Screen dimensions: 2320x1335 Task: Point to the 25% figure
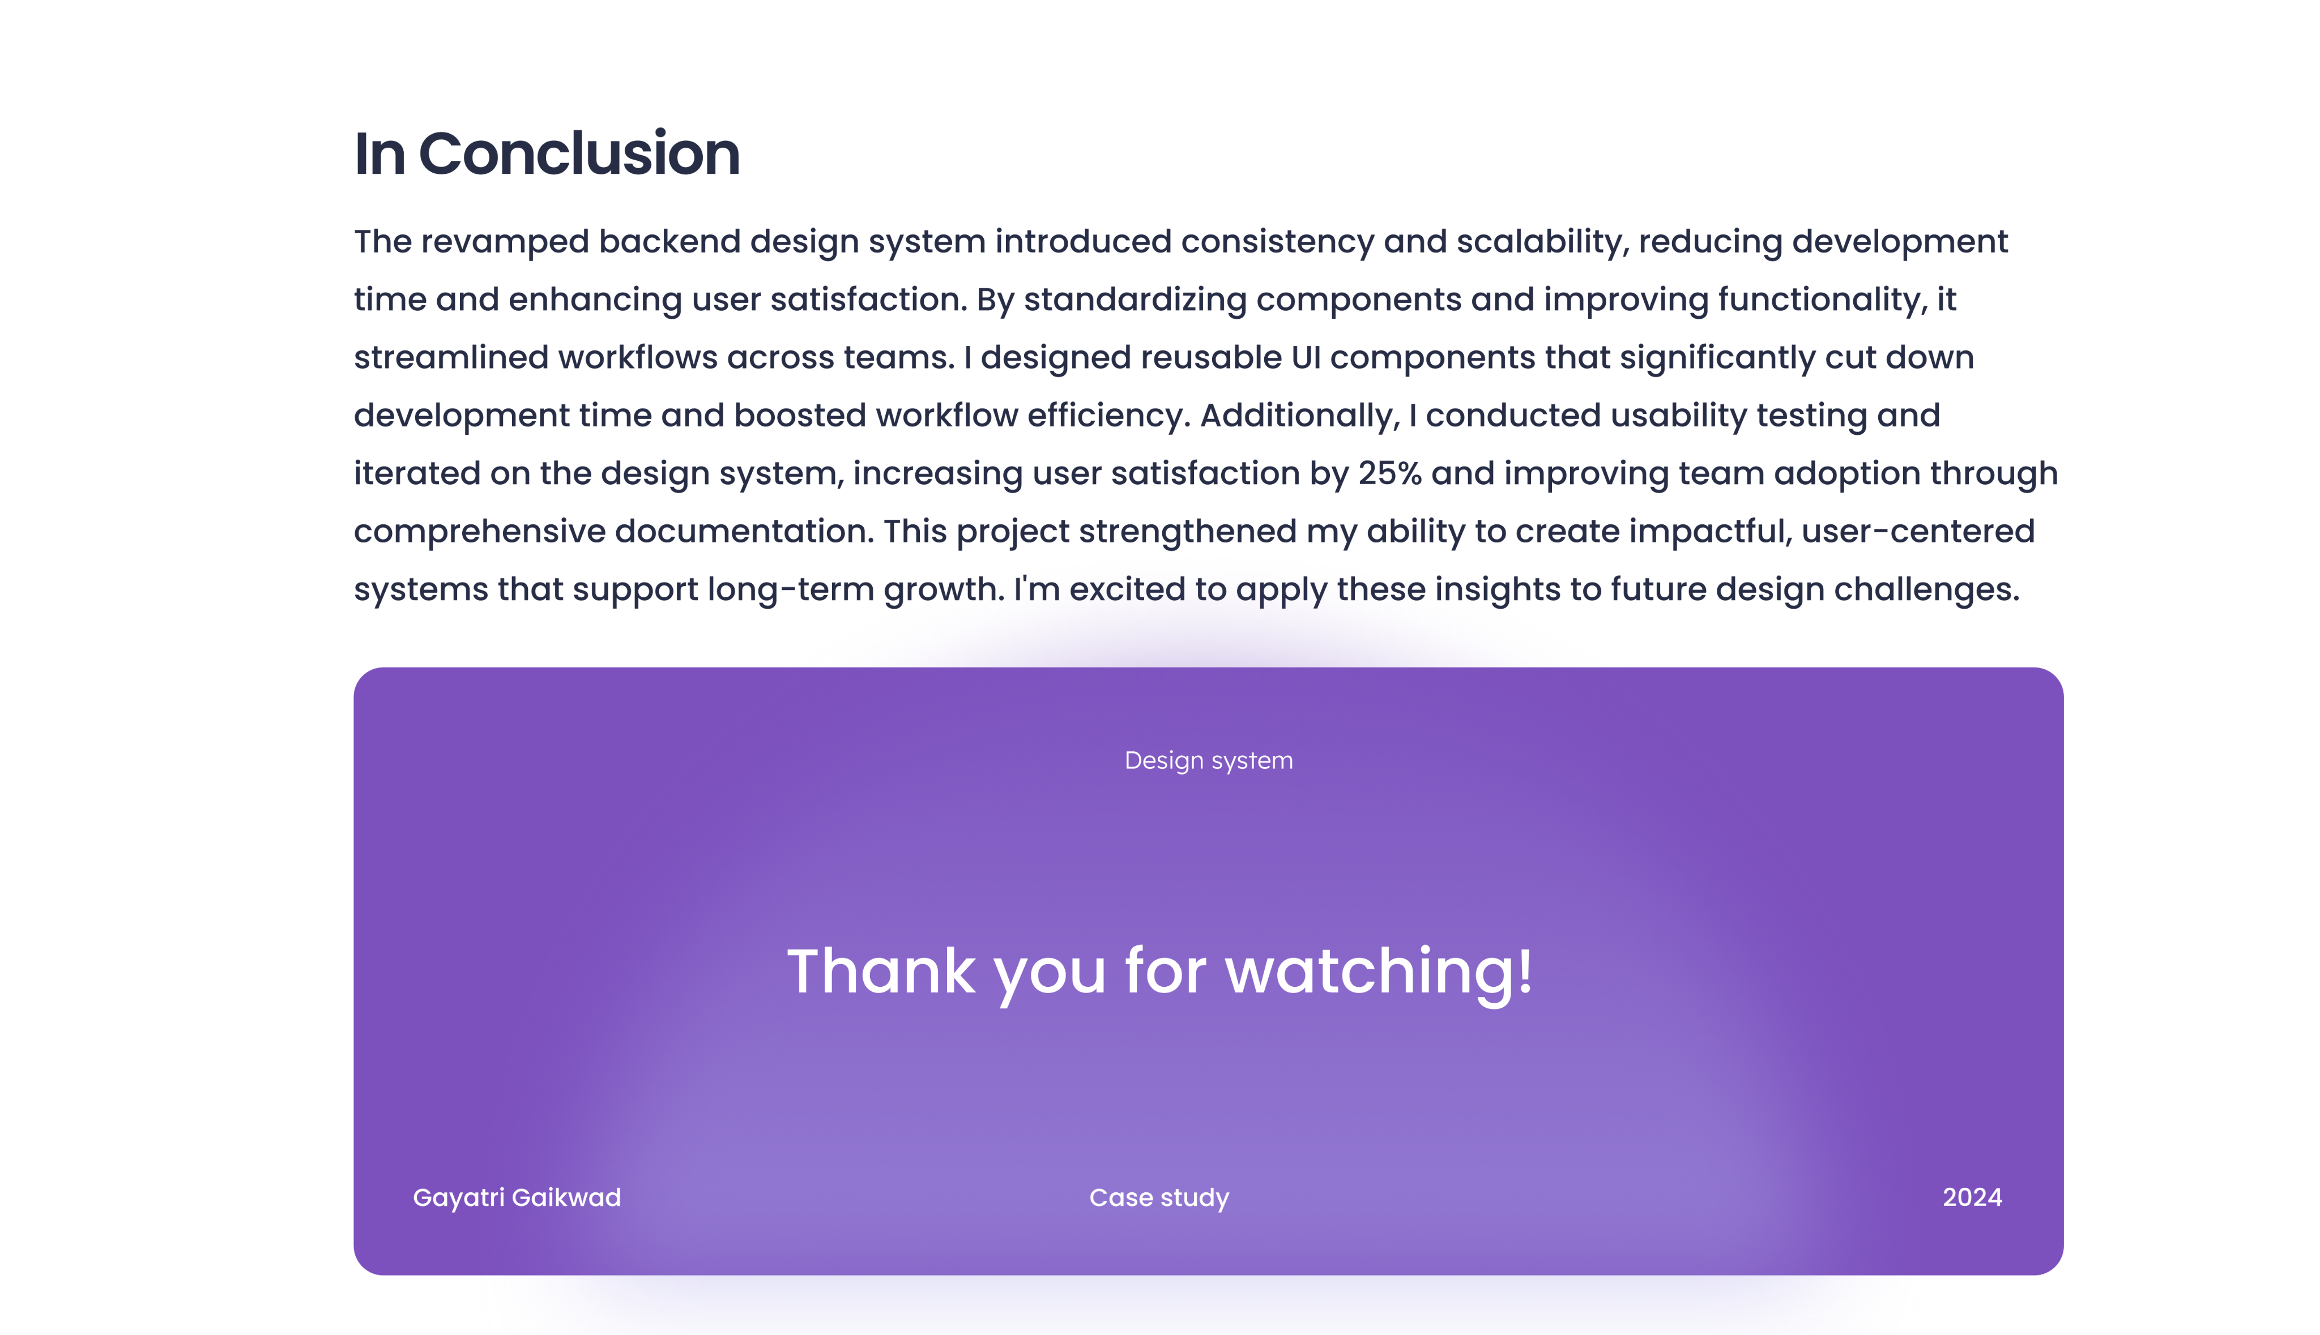click(x=1389, y=473)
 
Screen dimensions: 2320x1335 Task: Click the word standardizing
click(x=1135, y=301)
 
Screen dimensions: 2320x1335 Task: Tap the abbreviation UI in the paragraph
click(x=1306, y=358)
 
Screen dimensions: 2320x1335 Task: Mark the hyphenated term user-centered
click(x=1918, y=532)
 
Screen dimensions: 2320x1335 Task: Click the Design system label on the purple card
click(x=1209, y=761)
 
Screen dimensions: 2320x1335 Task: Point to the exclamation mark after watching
click(x=1525, y=970)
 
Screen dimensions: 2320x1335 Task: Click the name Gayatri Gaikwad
click(x=517, y=1199)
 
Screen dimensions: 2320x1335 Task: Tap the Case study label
click(x=1159, y=1199)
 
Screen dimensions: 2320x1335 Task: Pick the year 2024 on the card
click(x=1972, y=1197)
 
